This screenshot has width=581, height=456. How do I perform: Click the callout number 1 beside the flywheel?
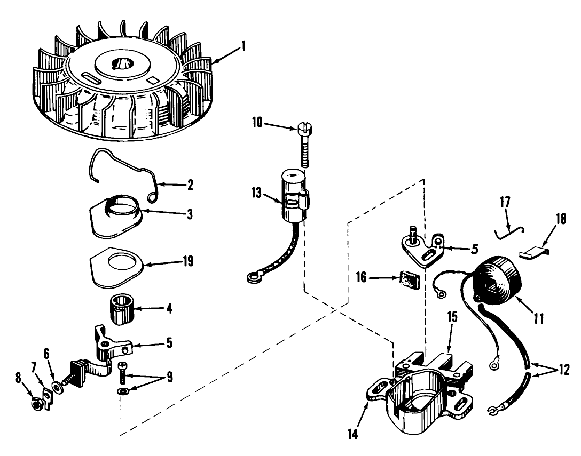pyautogui.click(x=243, y=46)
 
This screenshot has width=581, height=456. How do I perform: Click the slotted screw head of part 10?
pyautogui.click(x=304, y=129)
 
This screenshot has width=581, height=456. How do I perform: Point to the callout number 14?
pyautogui.click(x=353, y=434)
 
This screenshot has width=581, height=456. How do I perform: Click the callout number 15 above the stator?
pyautogui.click(x=452, y=317)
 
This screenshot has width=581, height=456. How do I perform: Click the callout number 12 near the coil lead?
pyautogui.click(x=564, y=370)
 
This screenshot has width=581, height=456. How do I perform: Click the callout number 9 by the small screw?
pyautogui.click(x=169, y=377)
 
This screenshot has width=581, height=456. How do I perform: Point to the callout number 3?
pyautogui.click(x=190, y=214)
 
